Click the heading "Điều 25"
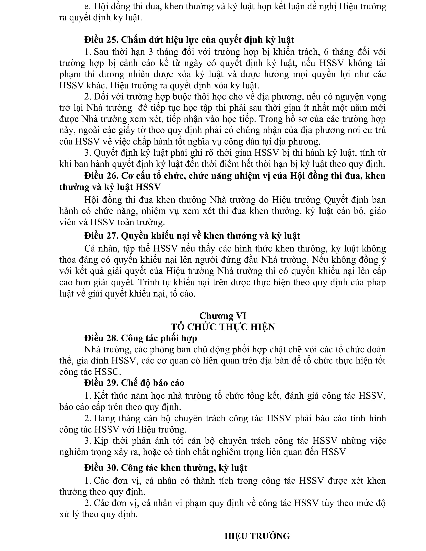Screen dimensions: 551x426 coord(101,40)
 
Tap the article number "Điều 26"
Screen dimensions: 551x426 coord(101,176)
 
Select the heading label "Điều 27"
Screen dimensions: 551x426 coord(101,236)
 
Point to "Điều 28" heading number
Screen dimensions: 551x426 coord(101,338)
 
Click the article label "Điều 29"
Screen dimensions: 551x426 coord(101,383)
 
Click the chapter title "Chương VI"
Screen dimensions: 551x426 coord(223,316)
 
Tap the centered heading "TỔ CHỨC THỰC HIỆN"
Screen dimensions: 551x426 coord(223,327)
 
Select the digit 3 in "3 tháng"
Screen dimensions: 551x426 coord(151,52)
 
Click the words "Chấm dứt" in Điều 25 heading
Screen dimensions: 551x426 coord(142,40)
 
